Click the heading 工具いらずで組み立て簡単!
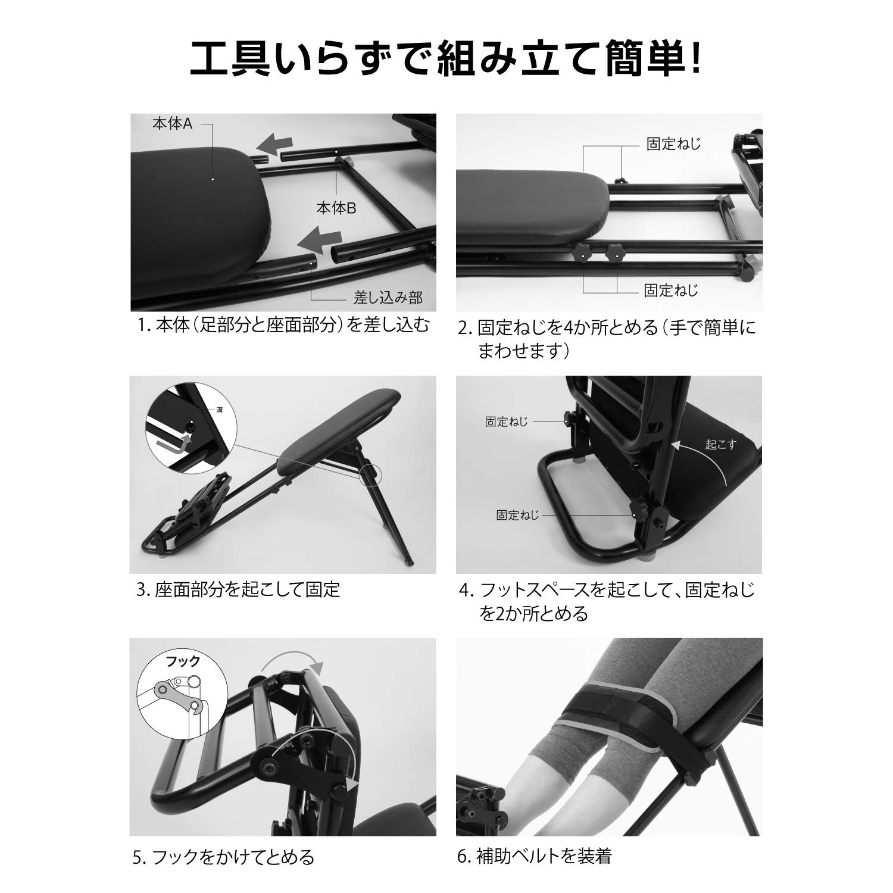pyautogui.click(x=445, y=57)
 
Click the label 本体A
pyautogui.click(x=172, y=124)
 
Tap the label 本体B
pyautogui.click(x=336, y=208)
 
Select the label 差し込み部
pyautogui.click(x=388, y=296)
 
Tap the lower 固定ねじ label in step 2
pyautogui.click(x=671, y=291)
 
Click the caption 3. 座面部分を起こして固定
pyautogui.click(x=238, y=590)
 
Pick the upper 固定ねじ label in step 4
pyautogui.click(x=506, y=422)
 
